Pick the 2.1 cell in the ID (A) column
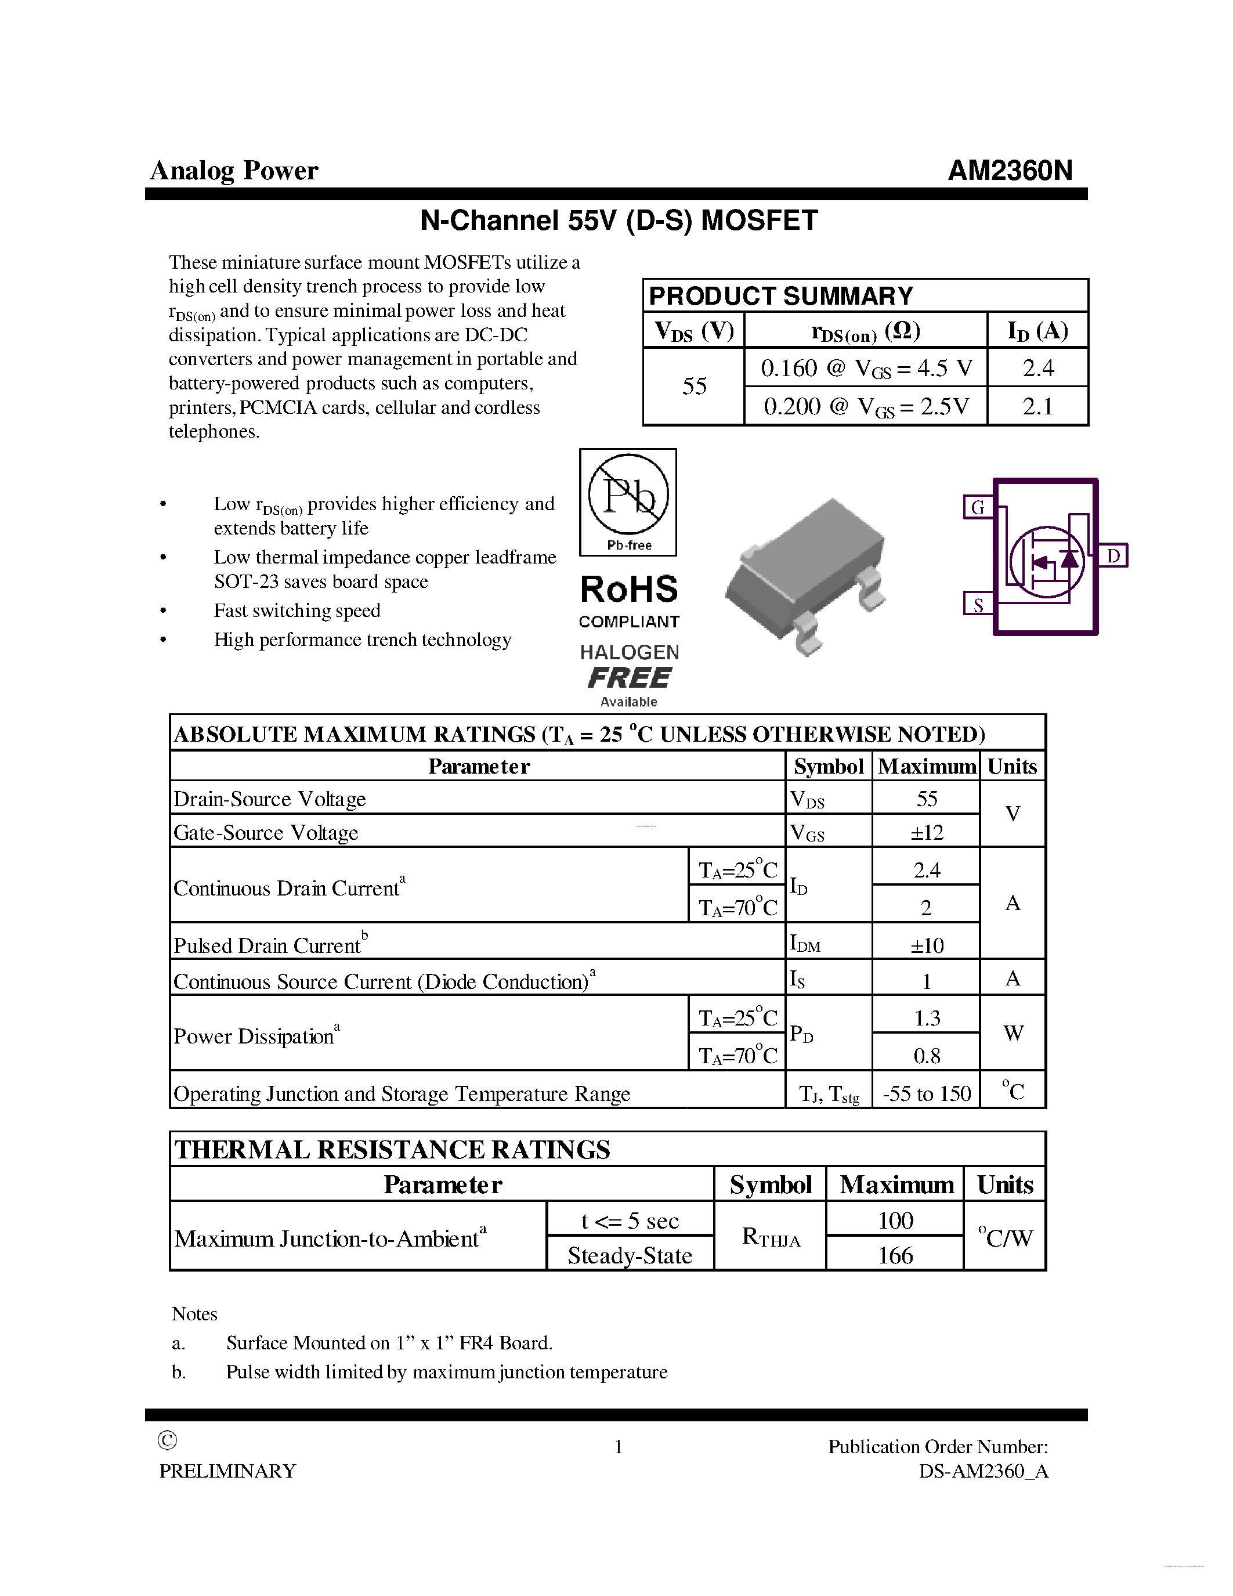point(1037,406)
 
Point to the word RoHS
point(628,590)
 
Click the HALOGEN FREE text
point(629,666)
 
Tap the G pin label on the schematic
point(977,507)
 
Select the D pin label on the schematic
point(1113,556)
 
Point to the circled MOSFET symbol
point(1046,561)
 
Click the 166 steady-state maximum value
point(895,1255)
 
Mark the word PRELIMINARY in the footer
point(228,1471)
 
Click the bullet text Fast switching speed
point(297,610)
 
